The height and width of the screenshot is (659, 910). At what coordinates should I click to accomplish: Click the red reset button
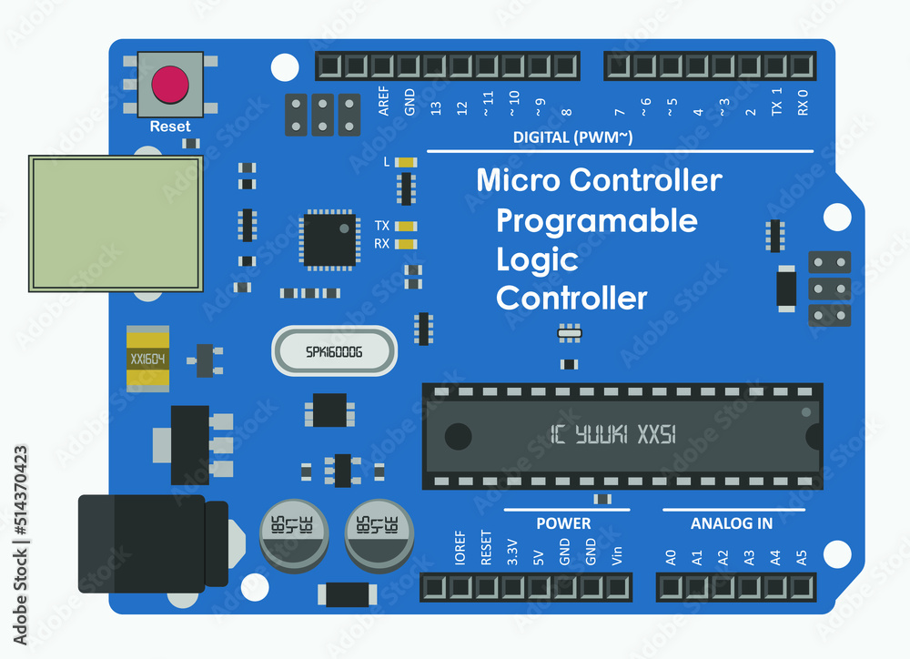point(170,85)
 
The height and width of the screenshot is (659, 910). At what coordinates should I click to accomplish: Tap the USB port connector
point(116,223)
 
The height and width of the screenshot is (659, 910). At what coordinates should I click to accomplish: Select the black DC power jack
point(146,543)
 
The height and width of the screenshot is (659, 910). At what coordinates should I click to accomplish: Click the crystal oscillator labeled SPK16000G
point(334,350)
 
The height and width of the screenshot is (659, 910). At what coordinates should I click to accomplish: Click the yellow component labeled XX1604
point(147,358)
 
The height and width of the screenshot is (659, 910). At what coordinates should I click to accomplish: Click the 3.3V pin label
point(511,553)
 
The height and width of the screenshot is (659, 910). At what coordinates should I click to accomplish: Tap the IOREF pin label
point(460,549)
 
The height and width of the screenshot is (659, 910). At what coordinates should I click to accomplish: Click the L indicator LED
point(407,162)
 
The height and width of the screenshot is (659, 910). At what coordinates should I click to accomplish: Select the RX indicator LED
point(407,244)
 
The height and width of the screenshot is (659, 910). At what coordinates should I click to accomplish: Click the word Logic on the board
point(537,259)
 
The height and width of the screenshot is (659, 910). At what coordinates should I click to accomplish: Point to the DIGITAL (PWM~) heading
point(573,137)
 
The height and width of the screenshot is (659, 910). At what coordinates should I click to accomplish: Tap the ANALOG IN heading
point(732,523)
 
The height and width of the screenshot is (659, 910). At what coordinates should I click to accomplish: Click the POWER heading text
point(563,523)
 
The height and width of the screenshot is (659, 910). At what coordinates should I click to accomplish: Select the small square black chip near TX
point(329,238)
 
